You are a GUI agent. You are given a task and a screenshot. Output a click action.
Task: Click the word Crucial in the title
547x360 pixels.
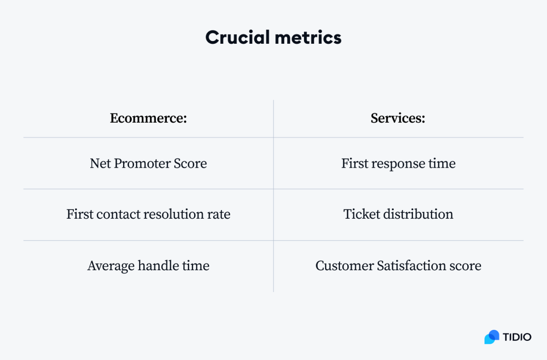pos(237,37)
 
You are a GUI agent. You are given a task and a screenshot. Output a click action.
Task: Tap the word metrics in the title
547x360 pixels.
pos(308,37)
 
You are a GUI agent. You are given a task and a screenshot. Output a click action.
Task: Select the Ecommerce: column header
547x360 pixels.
pos(149,118)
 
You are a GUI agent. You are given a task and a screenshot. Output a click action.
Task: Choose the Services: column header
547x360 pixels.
pos(398,118)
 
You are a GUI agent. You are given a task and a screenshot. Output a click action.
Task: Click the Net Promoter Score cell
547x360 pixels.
pos(149,163)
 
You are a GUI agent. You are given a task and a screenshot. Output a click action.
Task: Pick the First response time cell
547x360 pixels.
pos(398,163)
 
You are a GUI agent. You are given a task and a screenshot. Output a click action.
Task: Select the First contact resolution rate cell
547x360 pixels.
pos(149,214)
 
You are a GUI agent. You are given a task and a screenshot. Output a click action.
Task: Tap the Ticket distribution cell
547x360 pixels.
pos(398,214)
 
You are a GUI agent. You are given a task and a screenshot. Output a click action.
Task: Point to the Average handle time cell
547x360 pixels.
pos(149,265)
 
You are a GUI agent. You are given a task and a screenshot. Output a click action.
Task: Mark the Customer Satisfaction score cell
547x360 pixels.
pos(398,265)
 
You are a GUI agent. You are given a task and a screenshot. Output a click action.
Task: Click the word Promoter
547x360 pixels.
pos(142,163)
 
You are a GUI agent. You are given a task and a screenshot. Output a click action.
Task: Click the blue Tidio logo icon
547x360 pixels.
pos(492,337)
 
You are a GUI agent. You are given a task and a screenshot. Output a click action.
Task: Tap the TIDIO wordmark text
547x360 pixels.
pos(517,337)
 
